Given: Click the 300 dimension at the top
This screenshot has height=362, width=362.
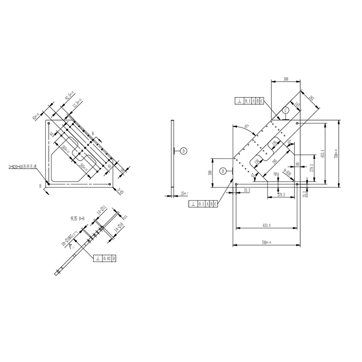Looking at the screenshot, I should (x=286, y=78).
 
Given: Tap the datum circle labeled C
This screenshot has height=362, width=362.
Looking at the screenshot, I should (x=286, y=111).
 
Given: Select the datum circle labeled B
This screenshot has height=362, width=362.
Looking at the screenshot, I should (x=223, y=170).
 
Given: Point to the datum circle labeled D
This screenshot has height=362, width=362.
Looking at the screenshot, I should (x=183, y=151).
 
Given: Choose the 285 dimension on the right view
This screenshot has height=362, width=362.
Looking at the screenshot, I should (x=311, y=99).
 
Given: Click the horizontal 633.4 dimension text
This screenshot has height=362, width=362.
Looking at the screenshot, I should (x=266, y=225).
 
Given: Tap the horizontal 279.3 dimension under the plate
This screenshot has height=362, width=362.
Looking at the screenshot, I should (x=281, y=195).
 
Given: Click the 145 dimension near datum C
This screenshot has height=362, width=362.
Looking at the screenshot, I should (x=297, y=105).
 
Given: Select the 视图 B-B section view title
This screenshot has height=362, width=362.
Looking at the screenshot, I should (x=77, y=218).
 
